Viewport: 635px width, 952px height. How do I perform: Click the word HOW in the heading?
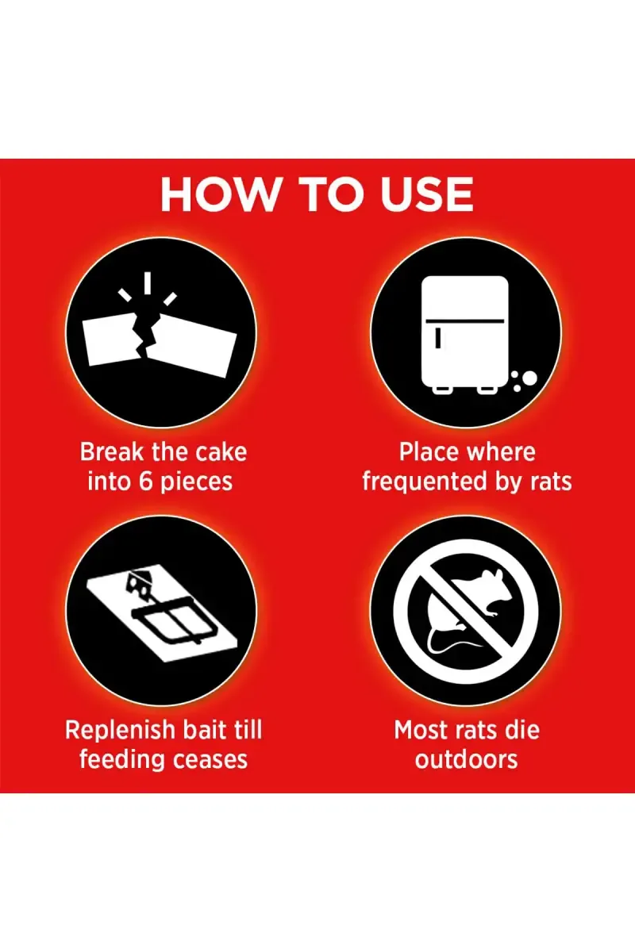[x=218, y=194]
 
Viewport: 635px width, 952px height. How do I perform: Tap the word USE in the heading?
[x=426, y=194]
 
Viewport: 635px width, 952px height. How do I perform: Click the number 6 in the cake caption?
[x=146, y=482]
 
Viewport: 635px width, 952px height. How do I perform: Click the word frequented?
[x=425, y=482]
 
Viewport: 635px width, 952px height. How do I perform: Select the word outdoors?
[x=467, y=760]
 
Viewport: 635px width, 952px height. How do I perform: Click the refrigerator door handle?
[x=437, y=339]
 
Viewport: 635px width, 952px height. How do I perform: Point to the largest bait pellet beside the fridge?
[x=529, y=378]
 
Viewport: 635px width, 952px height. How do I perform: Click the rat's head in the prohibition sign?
[x=495, y=582]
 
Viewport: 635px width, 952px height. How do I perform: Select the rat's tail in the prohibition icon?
[x=447, y=645]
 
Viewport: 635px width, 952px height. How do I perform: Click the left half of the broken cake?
[x=112, y=341]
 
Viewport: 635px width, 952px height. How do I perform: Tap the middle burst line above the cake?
[x=147, y=283]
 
